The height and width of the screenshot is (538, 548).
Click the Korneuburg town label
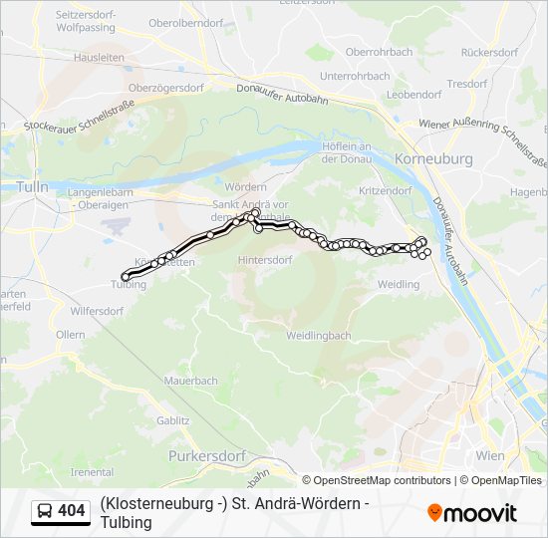click(433, 158)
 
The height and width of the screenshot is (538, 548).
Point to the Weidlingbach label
click(318, 336)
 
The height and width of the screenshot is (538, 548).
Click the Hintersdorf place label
click(265, 259)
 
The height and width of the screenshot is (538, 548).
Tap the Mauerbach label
click(190, 381)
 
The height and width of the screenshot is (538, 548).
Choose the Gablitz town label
click(172, 420)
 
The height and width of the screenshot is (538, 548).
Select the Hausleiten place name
click(98, 58)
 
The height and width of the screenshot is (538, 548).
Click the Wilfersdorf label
click(97, 311)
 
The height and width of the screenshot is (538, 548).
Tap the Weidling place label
click(399, 285)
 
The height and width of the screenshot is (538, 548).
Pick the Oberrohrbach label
click(379, 52)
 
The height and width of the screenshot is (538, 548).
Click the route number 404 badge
click(71, 511)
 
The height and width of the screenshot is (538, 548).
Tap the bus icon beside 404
click(45, 512)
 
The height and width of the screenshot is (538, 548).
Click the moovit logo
click(472, 513)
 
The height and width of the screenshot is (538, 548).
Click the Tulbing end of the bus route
click(126, 276)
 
